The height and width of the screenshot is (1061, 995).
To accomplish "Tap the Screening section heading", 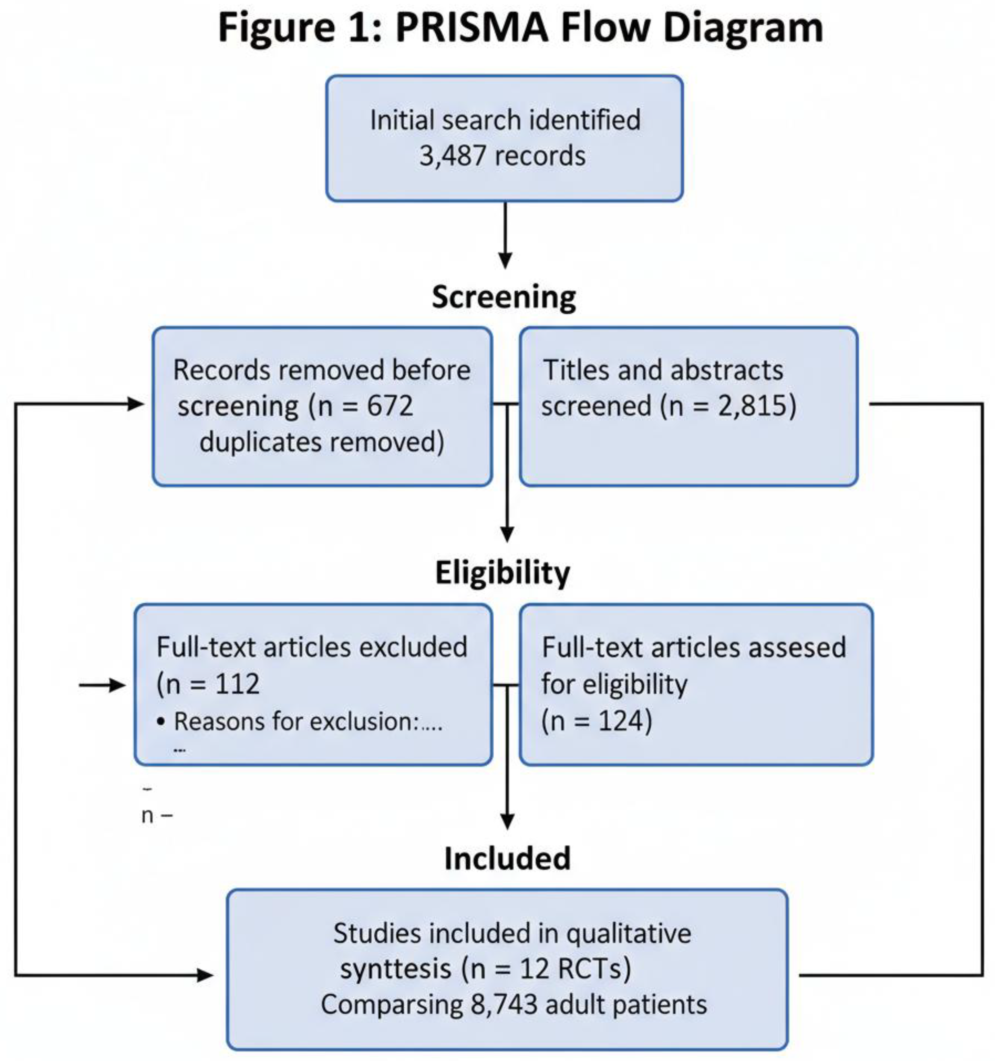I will pos(504,297).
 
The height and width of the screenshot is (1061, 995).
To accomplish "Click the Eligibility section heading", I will pos(502,574).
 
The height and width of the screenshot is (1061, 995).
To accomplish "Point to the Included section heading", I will pos(507,859).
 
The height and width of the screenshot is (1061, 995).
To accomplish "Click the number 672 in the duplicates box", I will pos(390,406).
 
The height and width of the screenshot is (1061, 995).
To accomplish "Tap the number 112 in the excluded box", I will pos(238,684).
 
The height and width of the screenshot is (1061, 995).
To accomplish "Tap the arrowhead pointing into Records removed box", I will pos(137,404).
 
